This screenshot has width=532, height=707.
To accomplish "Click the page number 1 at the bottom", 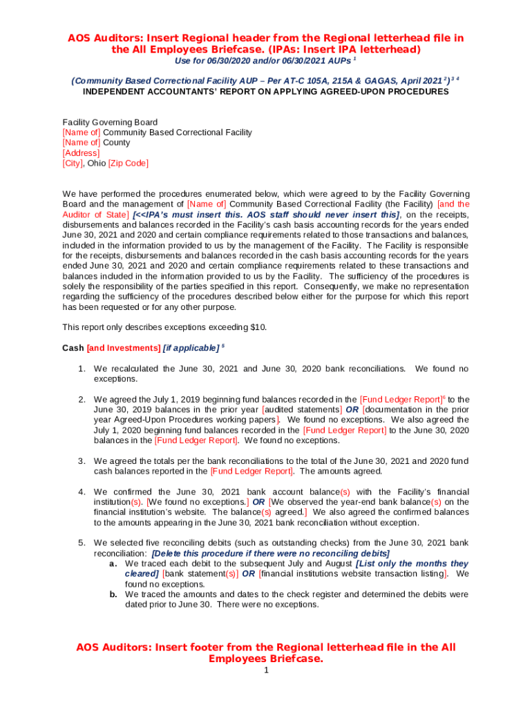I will pyautogui.click(x=266, y=671).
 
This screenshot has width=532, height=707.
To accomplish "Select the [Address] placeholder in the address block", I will pyautogui.click(x=81, y=153).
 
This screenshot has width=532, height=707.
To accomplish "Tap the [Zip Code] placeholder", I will pyautogui.click(x=129, y=164).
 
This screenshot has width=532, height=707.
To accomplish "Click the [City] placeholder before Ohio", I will pyautogui.click(x=73, y=164).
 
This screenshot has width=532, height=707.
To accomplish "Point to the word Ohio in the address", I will pyautogui.click(x=96, y=164).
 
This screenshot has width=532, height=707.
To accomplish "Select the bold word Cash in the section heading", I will pyautogui.click(x=73, y=348).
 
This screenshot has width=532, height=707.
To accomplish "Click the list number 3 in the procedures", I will pyautogui.click(x=81, y=461).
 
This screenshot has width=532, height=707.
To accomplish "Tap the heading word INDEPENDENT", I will pyautogui.click(x=114, y=91).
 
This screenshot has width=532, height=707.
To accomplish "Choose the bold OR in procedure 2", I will pyautogui.click(x=352, y=409).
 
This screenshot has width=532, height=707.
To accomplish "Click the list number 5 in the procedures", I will pyautogui.click(x=81, y=543).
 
